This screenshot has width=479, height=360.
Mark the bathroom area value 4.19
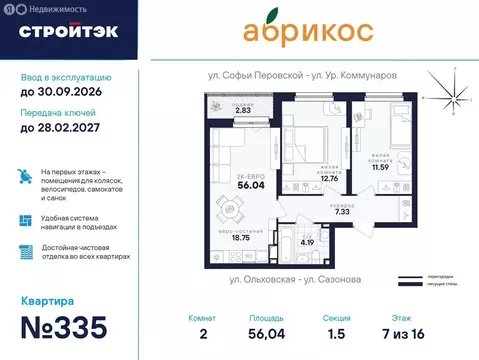(x=309, y=242)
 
